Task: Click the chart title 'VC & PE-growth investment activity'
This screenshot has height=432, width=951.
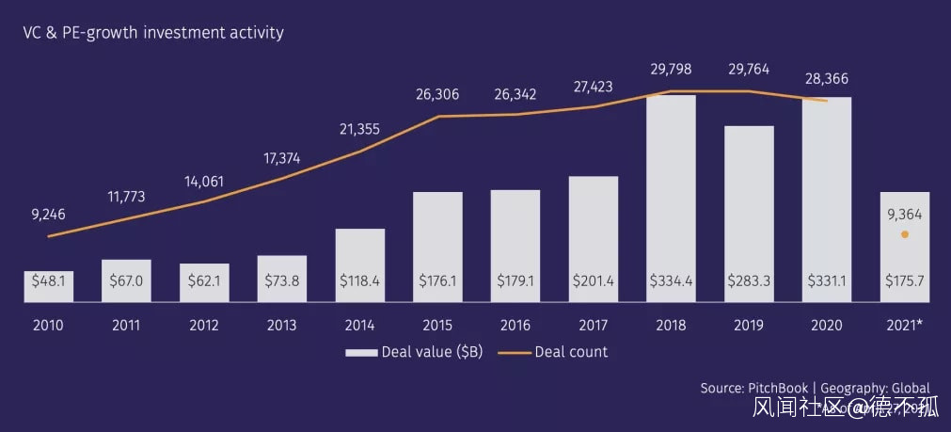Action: pyautogui.click(x=153, y=33)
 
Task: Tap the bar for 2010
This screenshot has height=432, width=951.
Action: pyautogui.click(x=49, y=287)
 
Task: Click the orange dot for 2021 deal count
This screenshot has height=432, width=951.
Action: pyautogui.click(x=905, y=234)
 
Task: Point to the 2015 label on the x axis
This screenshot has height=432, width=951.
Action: pyautogui.click(x=438, y=326)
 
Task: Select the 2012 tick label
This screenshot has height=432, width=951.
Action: pyautogui.click(x=204, y=326)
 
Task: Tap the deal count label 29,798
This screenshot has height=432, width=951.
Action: pyautogui.click(x=672, y=70)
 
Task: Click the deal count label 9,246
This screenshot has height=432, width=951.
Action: pyautogui.click(x=48, y=215)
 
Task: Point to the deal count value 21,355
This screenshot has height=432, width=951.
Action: pyautogui.click(x=359, y=129)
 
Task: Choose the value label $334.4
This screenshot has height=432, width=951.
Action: pyautogui.click(x=672, y=280)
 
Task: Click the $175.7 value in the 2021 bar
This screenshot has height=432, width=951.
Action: pyautogui.click(x=905, y=280)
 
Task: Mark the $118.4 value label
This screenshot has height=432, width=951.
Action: pyautogui.click(x=360, y=280)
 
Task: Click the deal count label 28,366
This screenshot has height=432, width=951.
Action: pyautogui.click(x=827, y=80)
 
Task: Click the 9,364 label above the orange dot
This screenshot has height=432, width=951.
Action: pyautogui.click(x=905, y=215)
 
